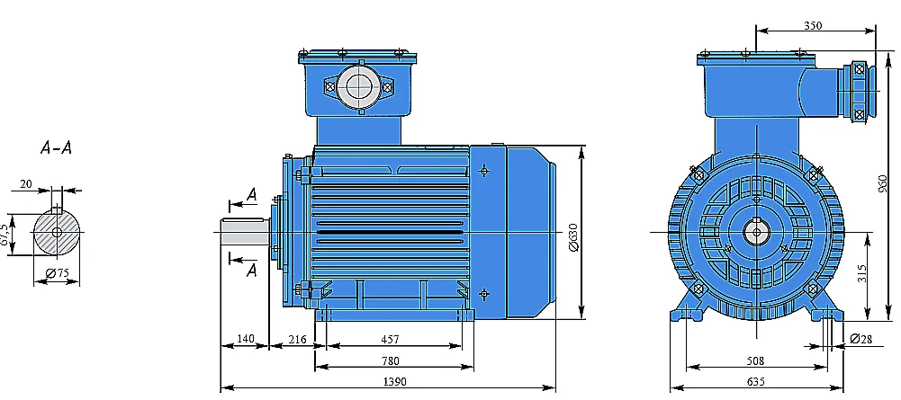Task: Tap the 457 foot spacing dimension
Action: (389, 340)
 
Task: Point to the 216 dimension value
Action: (297, 340)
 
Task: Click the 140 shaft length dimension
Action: (246, 340)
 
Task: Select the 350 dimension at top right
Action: (813, 25)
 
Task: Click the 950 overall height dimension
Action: (884, 182)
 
